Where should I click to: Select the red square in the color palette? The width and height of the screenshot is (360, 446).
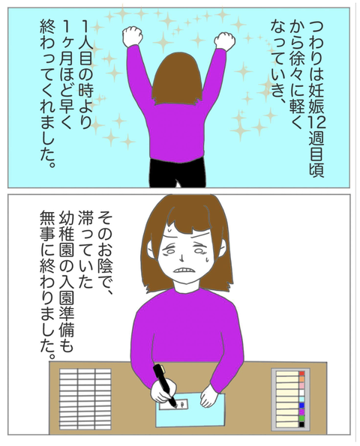(x=301, y=373)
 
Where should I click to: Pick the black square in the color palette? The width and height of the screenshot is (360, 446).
(x=301, y=424)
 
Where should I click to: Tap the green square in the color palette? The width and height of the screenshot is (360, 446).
(x=301, y=418)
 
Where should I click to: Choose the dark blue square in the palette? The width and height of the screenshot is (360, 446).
(x=301, y=406)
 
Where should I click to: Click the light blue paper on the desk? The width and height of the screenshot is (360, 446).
(x=190, y=410)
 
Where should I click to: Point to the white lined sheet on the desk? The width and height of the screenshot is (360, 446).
(x=85, y=399)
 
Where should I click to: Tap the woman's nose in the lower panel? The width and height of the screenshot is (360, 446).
(x=181, y=256)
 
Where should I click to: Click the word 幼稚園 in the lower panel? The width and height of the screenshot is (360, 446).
(x=66, y=236)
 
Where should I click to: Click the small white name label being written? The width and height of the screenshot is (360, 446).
(x=172, y=405)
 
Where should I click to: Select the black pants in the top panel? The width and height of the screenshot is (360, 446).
(x=177, y=172)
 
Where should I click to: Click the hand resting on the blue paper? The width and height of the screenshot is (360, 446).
(x=210, y=395)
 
